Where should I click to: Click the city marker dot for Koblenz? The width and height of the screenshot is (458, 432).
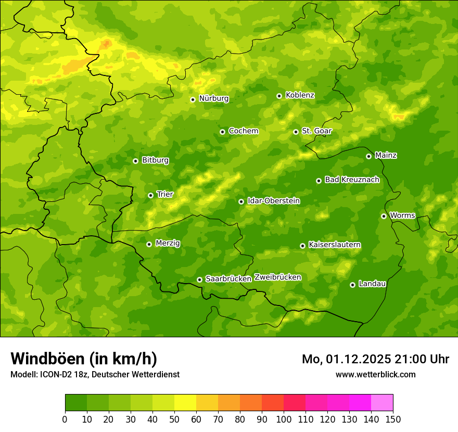coord(279,96)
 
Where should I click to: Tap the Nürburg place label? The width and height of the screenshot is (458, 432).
coord(213,98)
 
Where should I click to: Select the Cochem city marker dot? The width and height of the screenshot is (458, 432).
coord(222,132)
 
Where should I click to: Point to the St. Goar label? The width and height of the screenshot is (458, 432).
coord(316,131)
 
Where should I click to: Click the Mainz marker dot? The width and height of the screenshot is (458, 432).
coord(368,156)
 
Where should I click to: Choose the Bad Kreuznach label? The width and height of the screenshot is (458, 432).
coord(352,180)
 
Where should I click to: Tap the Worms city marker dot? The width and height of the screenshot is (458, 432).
coord(384,216)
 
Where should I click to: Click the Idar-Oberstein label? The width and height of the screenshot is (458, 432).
coord(273,201)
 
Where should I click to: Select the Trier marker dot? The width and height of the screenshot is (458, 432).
coord(150,195)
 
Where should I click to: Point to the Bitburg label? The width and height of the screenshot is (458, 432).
coord(155,160)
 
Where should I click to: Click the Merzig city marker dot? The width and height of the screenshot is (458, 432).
coord(149,244)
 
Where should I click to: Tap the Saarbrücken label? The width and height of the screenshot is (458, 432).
coord(228,279)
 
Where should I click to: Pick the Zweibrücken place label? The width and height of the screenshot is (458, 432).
coord(277,277)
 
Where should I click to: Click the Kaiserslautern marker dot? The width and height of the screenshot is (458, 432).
coord(302,246)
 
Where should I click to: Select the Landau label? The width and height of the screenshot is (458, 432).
coord(372,284)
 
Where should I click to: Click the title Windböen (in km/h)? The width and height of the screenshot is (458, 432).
coord(83,359)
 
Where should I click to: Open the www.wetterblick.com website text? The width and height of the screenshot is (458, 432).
coord(375,374)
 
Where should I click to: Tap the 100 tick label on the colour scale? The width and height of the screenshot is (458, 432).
coord(284,419)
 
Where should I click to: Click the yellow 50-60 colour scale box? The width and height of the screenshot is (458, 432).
coord(185,403)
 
